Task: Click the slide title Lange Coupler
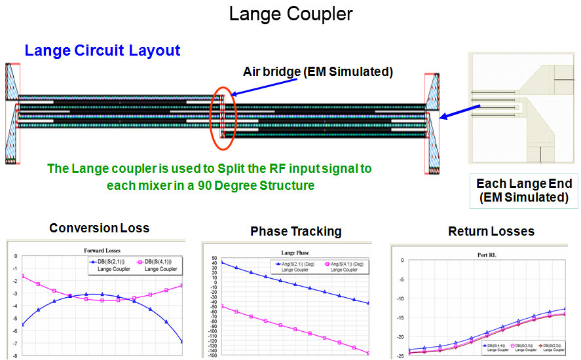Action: pyautogui.click(x=290, y=14)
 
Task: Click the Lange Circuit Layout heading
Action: pyautogui.click(x=102, y=50)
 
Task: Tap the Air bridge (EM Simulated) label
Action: pyautogui.click(x=318, y=72)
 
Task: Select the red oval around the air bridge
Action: pyautogui.click(x=221, y=113)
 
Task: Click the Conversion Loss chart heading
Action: pyautogui.click(x=100, y=228)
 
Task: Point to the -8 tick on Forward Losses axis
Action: pyautogui.click(x=14, y=355)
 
